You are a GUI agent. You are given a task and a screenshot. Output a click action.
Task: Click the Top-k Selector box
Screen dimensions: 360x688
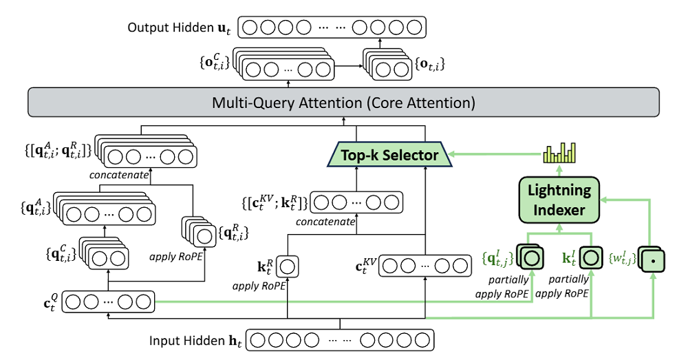tap(389, 155)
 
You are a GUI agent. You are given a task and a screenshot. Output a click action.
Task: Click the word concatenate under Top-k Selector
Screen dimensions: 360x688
tap(327, 222)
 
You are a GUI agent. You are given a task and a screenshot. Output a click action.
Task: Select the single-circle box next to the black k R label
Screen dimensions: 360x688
tap(288, 264)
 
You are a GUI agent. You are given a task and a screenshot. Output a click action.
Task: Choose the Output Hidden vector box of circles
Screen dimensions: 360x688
tap(331, 28)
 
